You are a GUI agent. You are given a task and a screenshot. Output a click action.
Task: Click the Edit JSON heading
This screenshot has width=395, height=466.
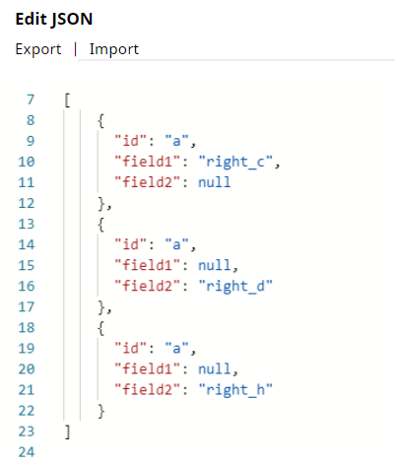pyautogui.click(x=54, y=19)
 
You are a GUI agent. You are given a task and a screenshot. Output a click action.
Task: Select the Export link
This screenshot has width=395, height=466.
pyautogui.click(x=38, y=49)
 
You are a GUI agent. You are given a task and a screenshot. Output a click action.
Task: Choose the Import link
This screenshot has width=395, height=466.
pyautogui.click(x=114, y=49)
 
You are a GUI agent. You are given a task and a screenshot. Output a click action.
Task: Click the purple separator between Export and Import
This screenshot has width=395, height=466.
pyautogui.click(x=76, y=49)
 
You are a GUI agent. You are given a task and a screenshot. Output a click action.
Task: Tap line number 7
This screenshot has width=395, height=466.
pyautogui.click(x=31, y=100)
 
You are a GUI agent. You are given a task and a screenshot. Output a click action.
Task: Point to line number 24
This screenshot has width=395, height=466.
pyautogui.click(x=27, y=452)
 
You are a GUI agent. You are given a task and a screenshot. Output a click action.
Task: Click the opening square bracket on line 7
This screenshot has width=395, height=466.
pyautogui.click(x=67, y=100)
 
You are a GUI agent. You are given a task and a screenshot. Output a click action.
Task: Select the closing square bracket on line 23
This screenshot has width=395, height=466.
pyautogui.click(x=67, y=432)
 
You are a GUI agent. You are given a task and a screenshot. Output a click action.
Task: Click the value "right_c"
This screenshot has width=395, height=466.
pyautogui.click(x=235, y=162)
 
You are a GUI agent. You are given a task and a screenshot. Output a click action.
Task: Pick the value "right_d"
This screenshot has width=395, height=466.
pyautogui.click(x=235, y=286)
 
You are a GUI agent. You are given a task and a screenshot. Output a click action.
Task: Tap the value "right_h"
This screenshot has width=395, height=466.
pyautogui.click(x=235, y=390)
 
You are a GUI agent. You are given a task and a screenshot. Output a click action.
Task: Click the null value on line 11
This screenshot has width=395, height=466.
pyautogui.click(x=215, y=182)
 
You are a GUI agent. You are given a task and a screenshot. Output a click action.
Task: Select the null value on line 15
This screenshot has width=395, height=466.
pyautogui.click(x=215, y=265)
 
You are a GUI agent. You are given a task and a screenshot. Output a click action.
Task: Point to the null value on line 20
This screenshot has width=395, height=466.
pyautogui.click(x=215, y=369)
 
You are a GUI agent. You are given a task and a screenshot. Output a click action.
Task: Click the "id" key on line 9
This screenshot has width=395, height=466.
pyautogui.click(x=130, y=141)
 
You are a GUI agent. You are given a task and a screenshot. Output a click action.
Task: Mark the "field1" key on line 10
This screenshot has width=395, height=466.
pyautogui.click(x=148, y=162)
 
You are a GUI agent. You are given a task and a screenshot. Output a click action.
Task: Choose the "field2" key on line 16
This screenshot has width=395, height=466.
pyautogui.click(x=148, y=286)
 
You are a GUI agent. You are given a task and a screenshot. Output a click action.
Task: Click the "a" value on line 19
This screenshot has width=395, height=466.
pyautogui.click(x=176, y=348)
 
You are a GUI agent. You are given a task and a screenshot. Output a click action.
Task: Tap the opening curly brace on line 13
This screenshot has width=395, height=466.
pyautogui.click(x=101, y=225)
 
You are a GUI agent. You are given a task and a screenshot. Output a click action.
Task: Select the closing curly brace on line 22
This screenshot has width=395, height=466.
pyautogui.click(x=101, y=411)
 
